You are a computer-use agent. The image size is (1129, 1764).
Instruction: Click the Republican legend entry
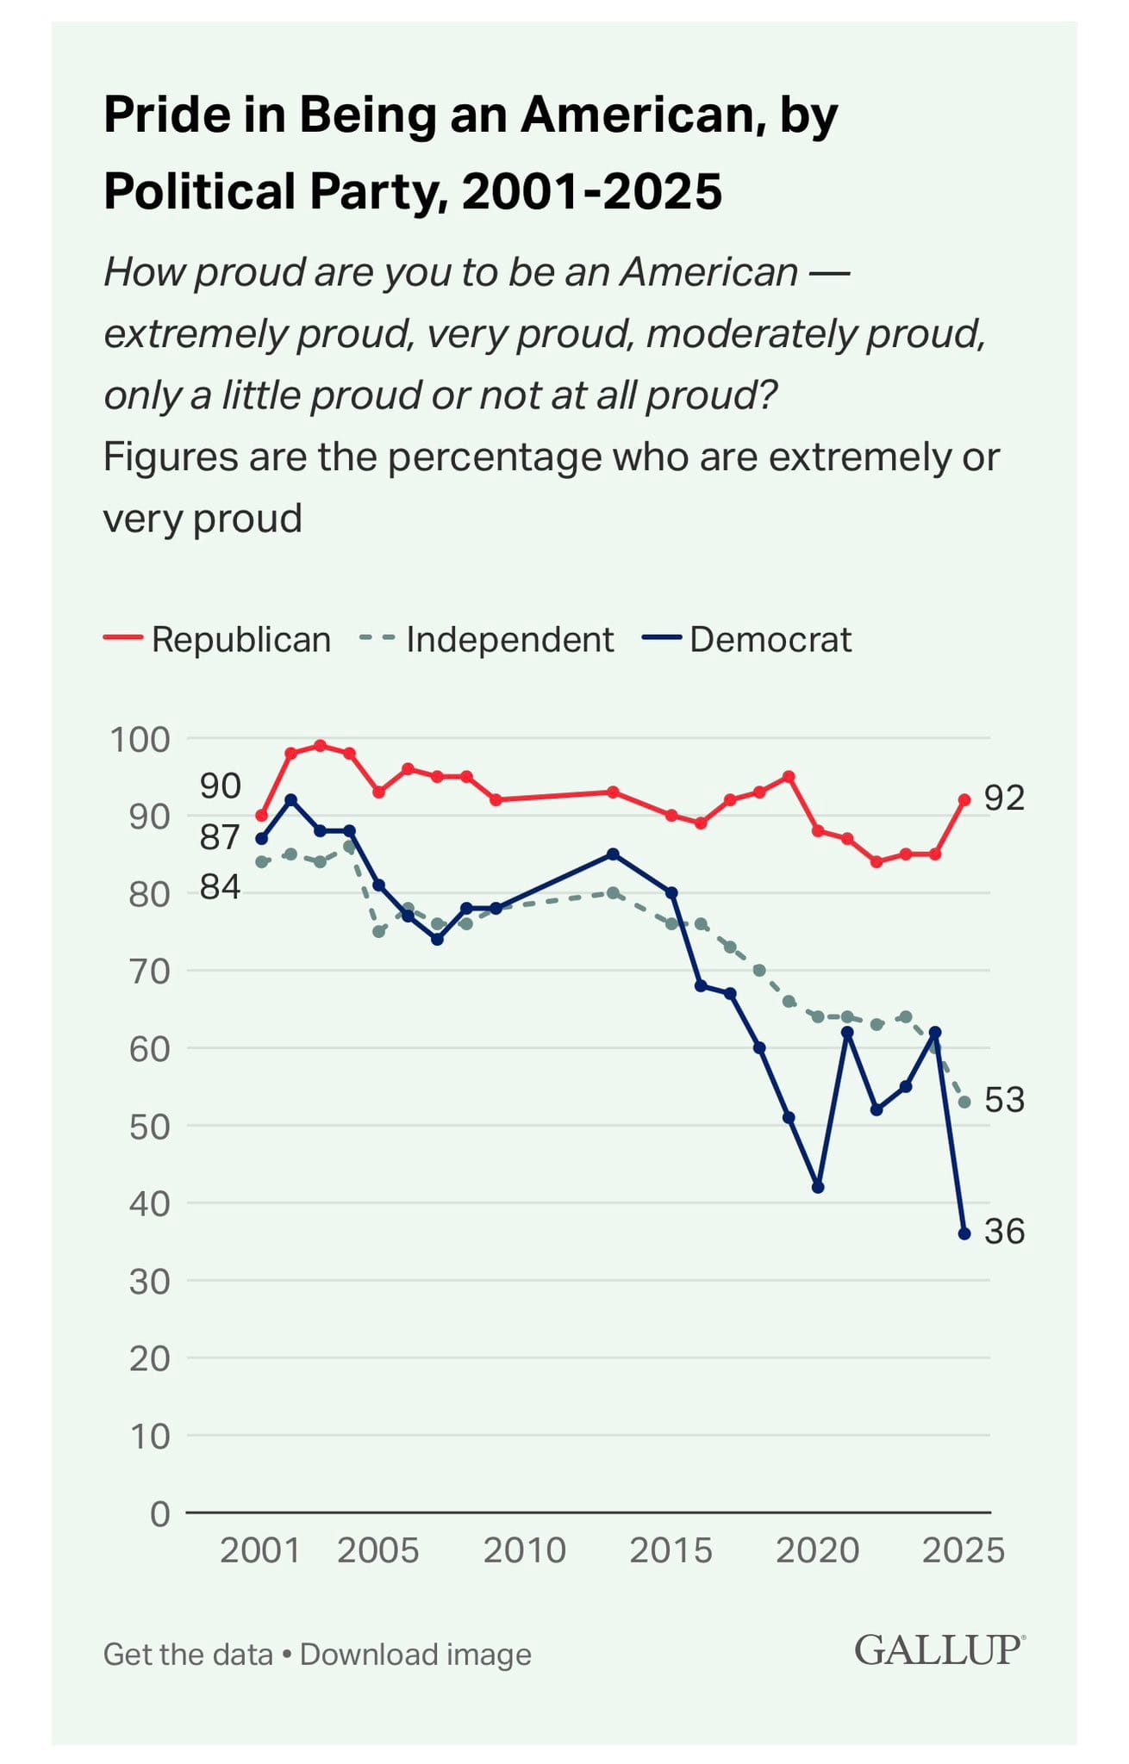218,640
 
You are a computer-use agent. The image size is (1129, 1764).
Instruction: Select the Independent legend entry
487,640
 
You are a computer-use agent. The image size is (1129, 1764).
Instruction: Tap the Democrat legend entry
747,640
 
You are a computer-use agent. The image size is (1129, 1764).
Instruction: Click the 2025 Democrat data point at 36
964,1233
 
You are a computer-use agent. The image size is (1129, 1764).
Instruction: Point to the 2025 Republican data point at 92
964,799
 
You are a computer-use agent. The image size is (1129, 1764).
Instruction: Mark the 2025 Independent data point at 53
964,1102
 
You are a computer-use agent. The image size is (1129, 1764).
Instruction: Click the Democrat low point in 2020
818,1187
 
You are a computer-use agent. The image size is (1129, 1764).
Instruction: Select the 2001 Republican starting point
261,815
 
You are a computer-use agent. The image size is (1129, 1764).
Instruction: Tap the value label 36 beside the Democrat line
1004,1233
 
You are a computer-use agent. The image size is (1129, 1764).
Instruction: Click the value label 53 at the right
1004,1101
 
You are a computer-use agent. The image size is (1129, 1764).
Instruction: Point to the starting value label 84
220,886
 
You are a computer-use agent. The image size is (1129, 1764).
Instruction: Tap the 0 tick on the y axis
160,1513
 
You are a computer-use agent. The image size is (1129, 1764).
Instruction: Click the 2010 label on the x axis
524,1550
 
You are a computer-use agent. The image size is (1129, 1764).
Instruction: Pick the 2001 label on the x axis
259,1550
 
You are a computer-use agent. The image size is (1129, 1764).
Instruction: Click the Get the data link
188,1655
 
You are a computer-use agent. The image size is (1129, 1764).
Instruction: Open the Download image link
415,1655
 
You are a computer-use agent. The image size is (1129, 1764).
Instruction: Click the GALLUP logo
938,1650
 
